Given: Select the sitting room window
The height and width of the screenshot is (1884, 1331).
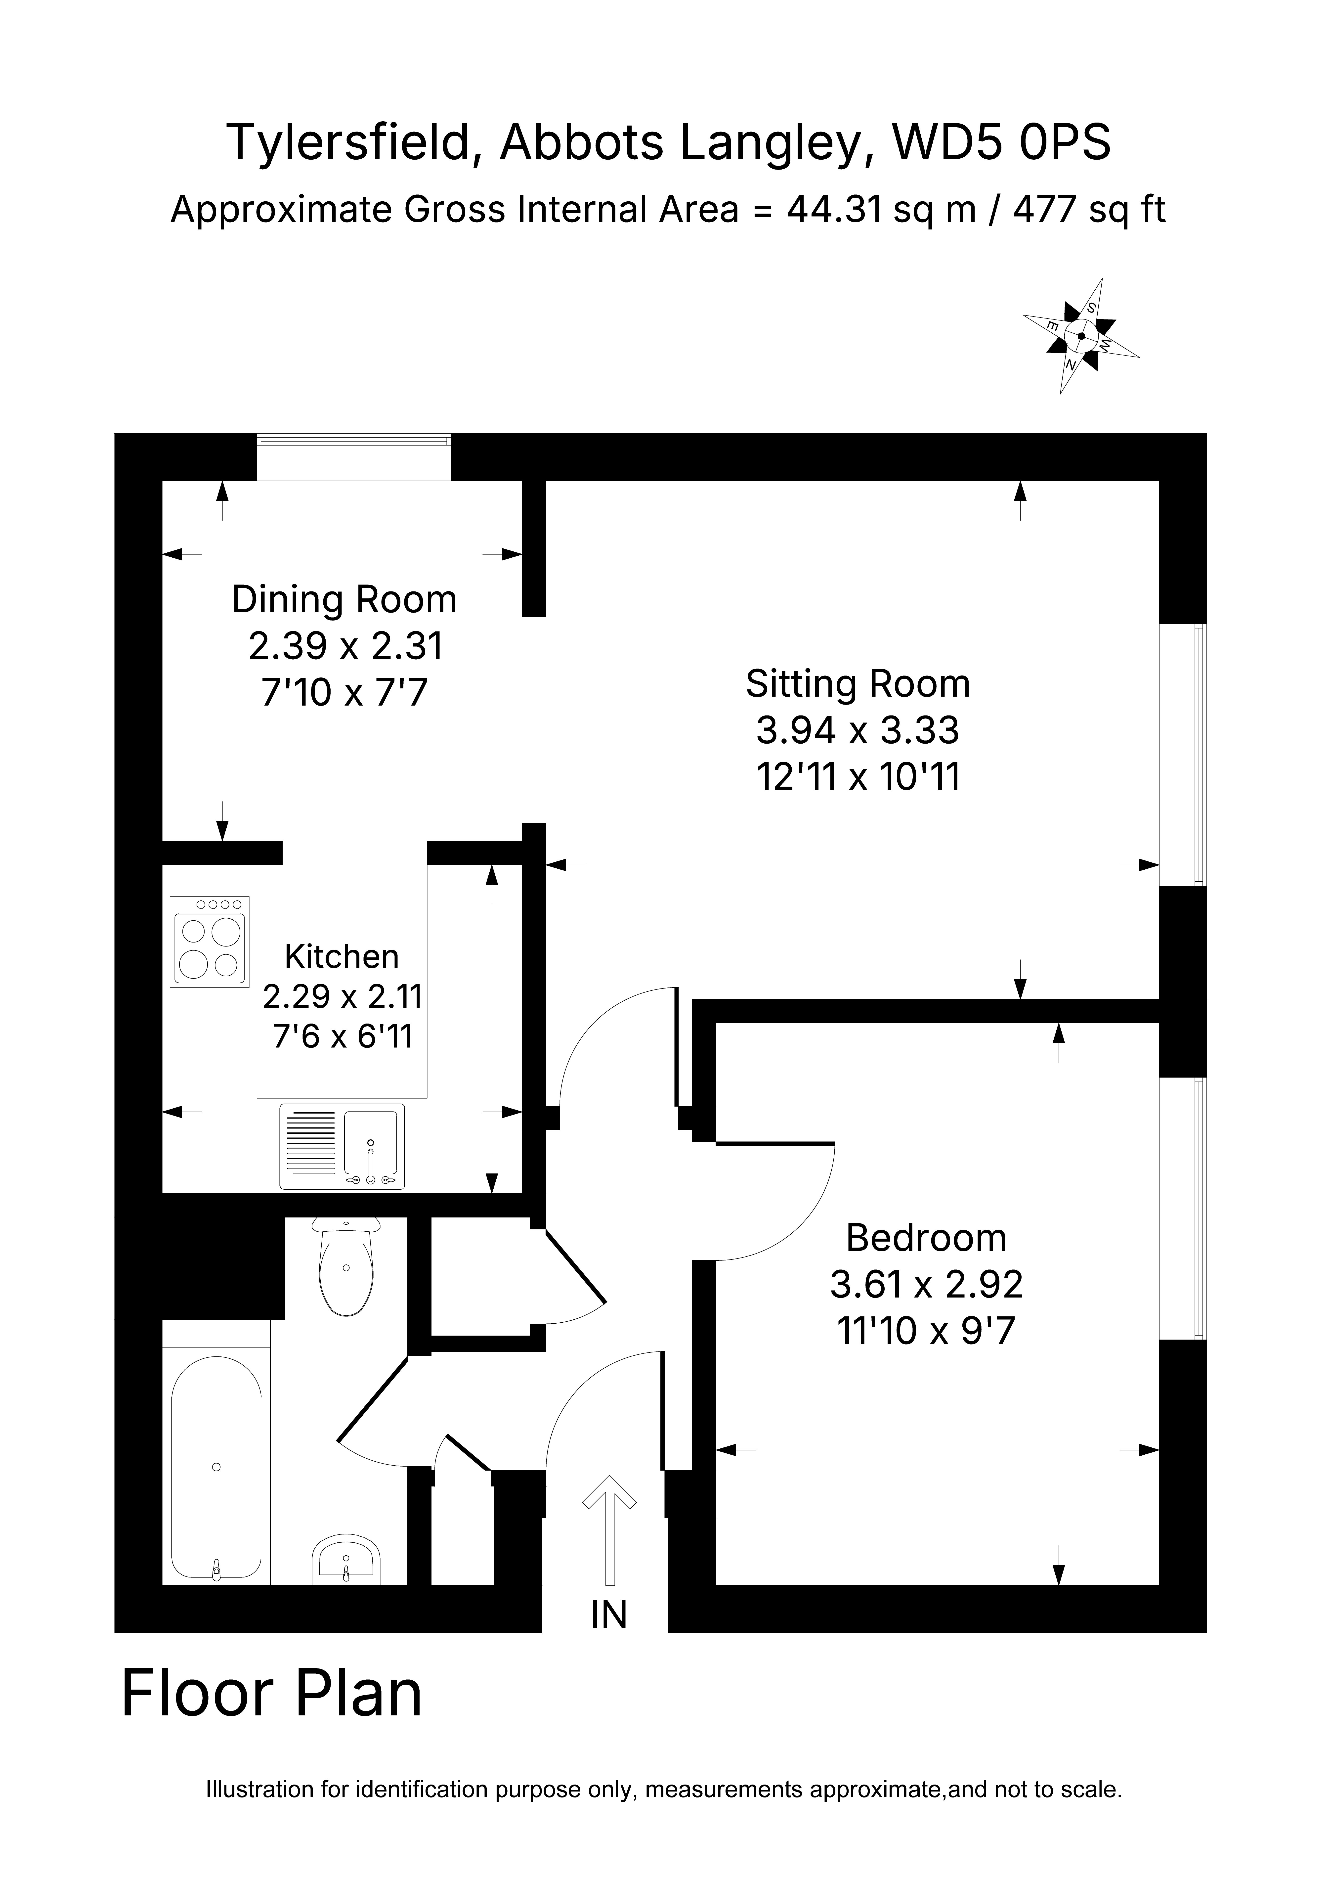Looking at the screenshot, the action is point(1182,755).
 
